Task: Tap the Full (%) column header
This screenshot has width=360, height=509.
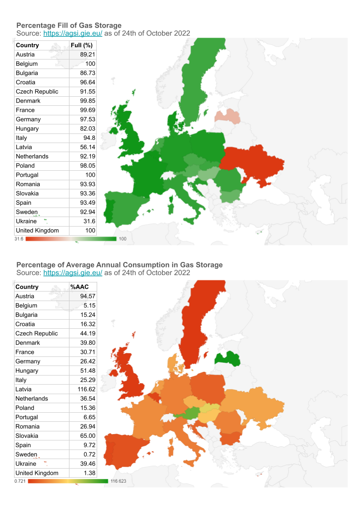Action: [82, 45]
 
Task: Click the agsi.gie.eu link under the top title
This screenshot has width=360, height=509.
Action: [73, 33]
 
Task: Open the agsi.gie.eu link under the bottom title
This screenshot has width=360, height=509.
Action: [73, 273]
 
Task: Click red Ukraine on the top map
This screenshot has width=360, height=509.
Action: [252, 163]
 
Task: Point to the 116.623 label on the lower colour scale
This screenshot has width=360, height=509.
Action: [118, 481]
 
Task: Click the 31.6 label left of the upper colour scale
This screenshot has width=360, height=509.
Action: [19, 239]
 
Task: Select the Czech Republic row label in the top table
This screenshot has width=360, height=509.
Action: [37, 92]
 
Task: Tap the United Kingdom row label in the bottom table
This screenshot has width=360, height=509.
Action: [37, 473]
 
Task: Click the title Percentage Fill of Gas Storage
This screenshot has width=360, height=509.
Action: [69, 25]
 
